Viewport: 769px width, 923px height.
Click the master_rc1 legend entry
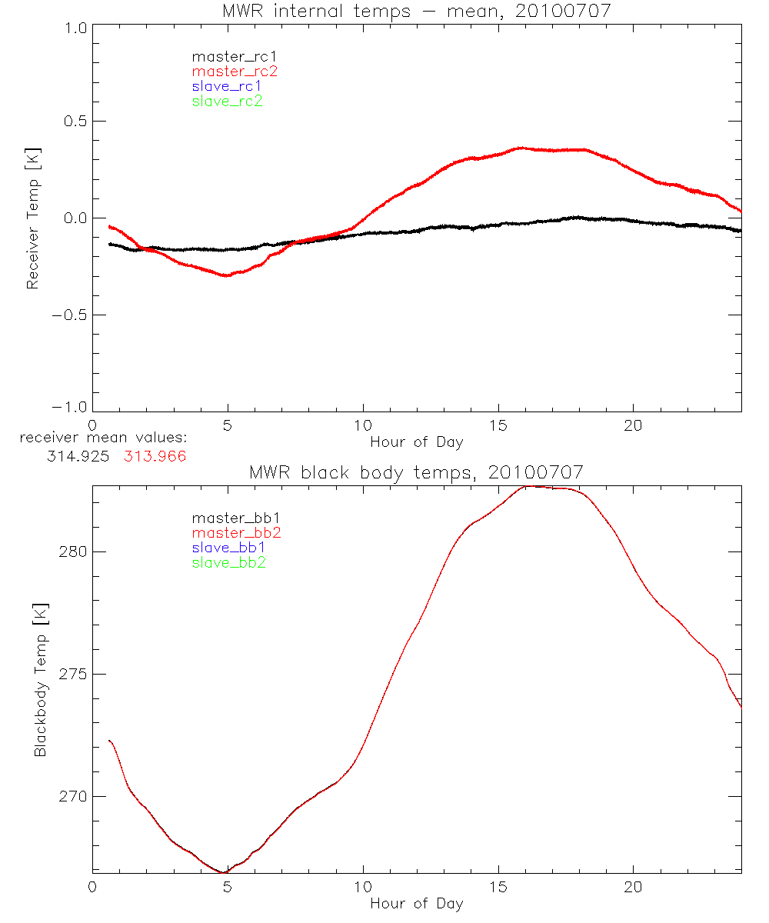point(227,56)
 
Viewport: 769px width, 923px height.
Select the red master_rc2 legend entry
point(235,71)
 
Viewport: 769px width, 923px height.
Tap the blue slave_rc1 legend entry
point(227,86)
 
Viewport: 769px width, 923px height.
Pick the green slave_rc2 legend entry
point(227,101)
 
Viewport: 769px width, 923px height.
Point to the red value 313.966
point(155,455)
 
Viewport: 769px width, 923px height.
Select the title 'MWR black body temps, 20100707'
point(416,471)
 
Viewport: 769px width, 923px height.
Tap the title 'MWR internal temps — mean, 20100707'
point(416,11)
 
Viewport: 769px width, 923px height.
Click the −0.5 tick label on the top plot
point(69,315)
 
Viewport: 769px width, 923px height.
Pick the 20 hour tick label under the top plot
point(633,425)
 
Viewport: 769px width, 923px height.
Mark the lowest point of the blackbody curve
point(224,872)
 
